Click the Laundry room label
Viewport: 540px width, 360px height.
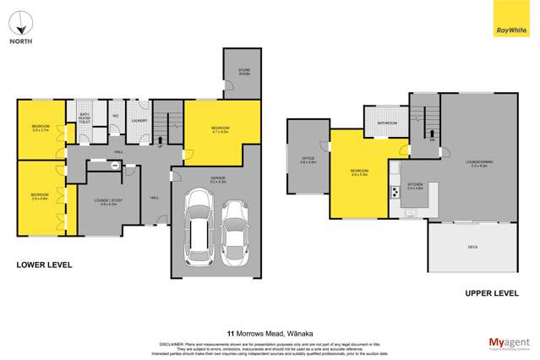[x=140, y=121]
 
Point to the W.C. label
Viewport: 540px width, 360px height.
[x=115, y=117]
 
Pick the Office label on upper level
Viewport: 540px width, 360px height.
[x=308, y=160]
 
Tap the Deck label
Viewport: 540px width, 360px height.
[x=472, y=247]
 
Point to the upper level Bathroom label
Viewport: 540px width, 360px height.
[x=387, y=123]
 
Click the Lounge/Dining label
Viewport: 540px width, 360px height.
[x=478, y=161]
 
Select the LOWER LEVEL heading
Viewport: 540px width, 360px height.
[x=44, y=265]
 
